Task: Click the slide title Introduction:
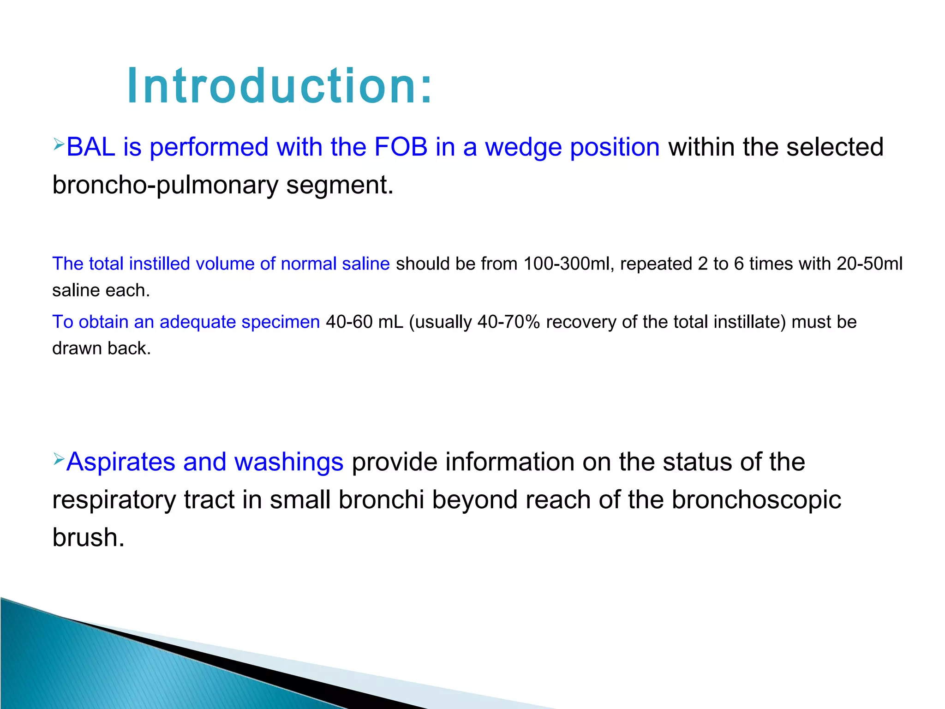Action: (x=280, y=86)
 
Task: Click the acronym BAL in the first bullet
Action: (x=90, y=147)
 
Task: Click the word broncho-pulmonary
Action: (x=165, y=186)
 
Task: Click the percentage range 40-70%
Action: (x=508, y=322)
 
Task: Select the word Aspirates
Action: (x=120, y=462)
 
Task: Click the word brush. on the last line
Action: (x=88, y=538)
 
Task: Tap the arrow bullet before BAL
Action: (x=58, y=144)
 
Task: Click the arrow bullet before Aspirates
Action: (x=58, y=459)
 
